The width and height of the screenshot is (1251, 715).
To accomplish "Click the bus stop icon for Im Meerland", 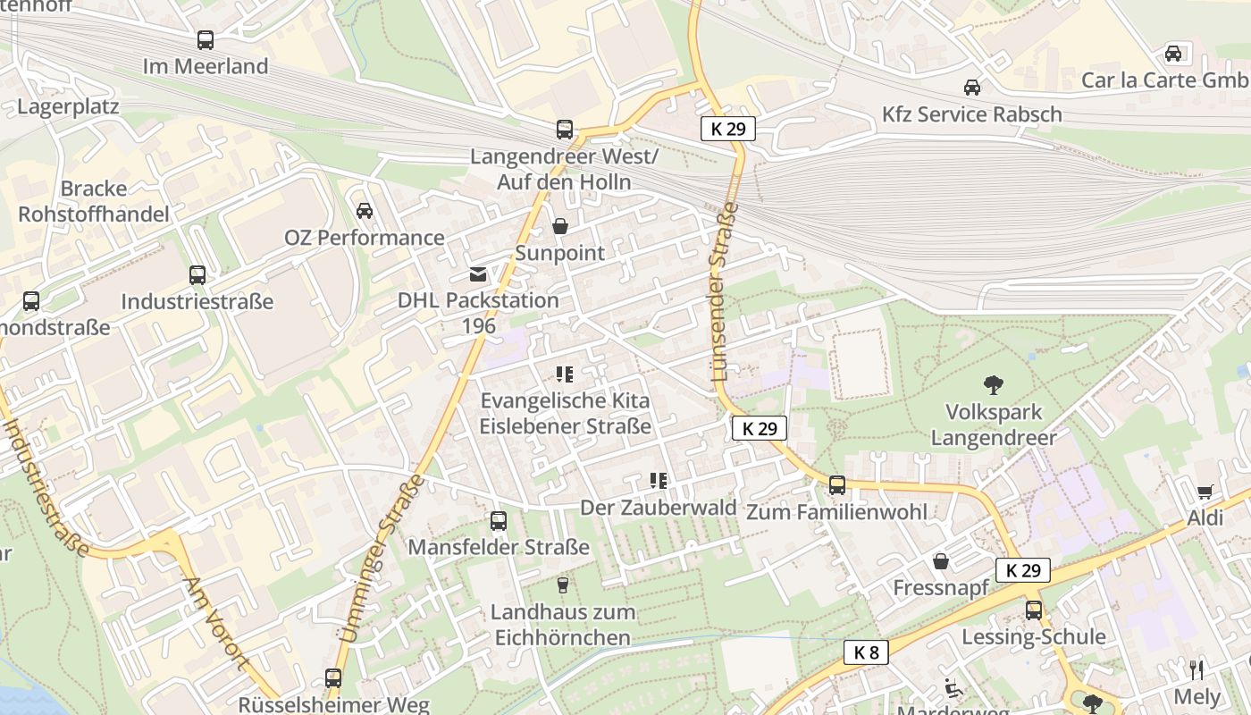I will pyautogui.click(x=206, y=40).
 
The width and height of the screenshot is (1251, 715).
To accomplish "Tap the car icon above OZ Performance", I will pyautogui.click(x=365, y=211).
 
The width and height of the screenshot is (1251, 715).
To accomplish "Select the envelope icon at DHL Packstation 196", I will pyautogui.click(x=478, y=273).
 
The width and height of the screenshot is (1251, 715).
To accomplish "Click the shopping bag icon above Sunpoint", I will pyautogui.click(x=560, y=226).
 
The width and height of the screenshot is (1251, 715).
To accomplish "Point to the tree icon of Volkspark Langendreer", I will pyautogui.click(x=993, y=385).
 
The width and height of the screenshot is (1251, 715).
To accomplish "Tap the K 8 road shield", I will pyautogui.click(x=866, y=652).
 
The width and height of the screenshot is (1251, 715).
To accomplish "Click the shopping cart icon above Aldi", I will pyautogui.click(x=1205, y=492).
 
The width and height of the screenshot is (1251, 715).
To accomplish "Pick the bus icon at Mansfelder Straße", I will pyautogui.click(x=499, y=520).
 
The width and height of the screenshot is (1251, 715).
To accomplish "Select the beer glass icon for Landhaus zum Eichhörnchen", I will pyautogui.click(x=563, y=585).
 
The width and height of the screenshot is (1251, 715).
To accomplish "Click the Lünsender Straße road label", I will pyautogui.click(x=725, y=292).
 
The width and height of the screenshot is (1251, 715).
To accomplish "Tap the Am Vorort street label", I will pyautogui.click(x=214, y=623).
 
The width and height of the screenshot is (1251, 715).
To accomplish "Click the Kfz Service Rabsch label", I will pyautogui.click(x=971, y=114).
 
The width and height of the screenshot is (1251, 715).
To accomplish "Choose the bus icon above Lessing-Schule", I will pyautogui.click(x=1034, y=610).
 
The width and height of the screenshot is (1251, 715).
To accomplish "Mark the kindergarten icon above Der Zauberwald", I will pyautogui.click(x=659, y=481).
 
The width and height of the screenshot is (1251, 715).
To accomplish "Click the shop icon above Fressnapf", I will pyautogui.click(x=941, y=561).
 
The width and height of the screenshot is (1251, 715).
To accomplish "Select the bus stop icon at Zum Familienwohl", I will pyautogui.click(x=837, y=485).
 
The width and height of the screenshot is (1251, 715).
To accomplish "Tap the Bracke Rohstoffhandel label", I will pyautogui.click(x=94, y=201).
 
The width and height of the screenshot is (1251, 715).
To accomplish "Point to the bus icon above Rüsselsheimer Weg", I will pyautogui.click(x=333, y=678).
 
